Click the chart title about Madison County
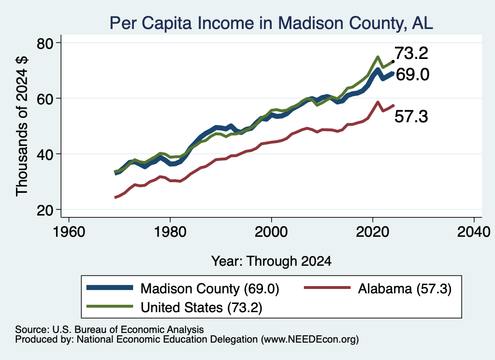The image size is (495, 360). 271,23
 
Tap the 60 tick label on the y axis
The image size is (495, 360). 45,99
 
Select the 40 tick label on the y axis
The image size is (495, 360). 45,155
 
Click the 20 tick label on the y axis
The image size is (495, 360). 45,210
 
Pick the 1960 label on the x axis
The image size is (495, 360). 69,232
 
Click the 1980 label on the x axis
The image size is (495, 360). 170,232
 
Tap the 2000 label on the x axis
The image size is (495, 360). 271,232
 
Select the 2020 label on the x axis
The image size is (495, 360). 373,232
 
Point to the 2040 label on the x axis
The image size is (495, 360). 474,232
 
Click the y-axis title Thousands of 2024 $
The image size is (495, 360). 22,126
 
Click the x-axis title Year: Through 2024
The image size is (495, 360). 271,261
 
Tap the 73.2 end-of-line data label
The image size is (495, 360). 411,53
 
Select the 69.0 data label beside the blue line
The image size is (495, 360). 413,75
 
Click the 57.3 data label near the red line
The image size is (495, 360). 411,116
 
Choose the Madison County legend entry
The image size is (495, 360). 183,288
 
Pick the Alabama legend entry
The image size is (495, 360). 378,288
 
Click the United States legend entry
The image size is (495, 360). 174,307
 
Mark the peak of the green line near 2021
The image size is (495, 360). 378,57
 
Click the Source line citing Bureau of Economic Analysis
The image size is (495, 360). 109,330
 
